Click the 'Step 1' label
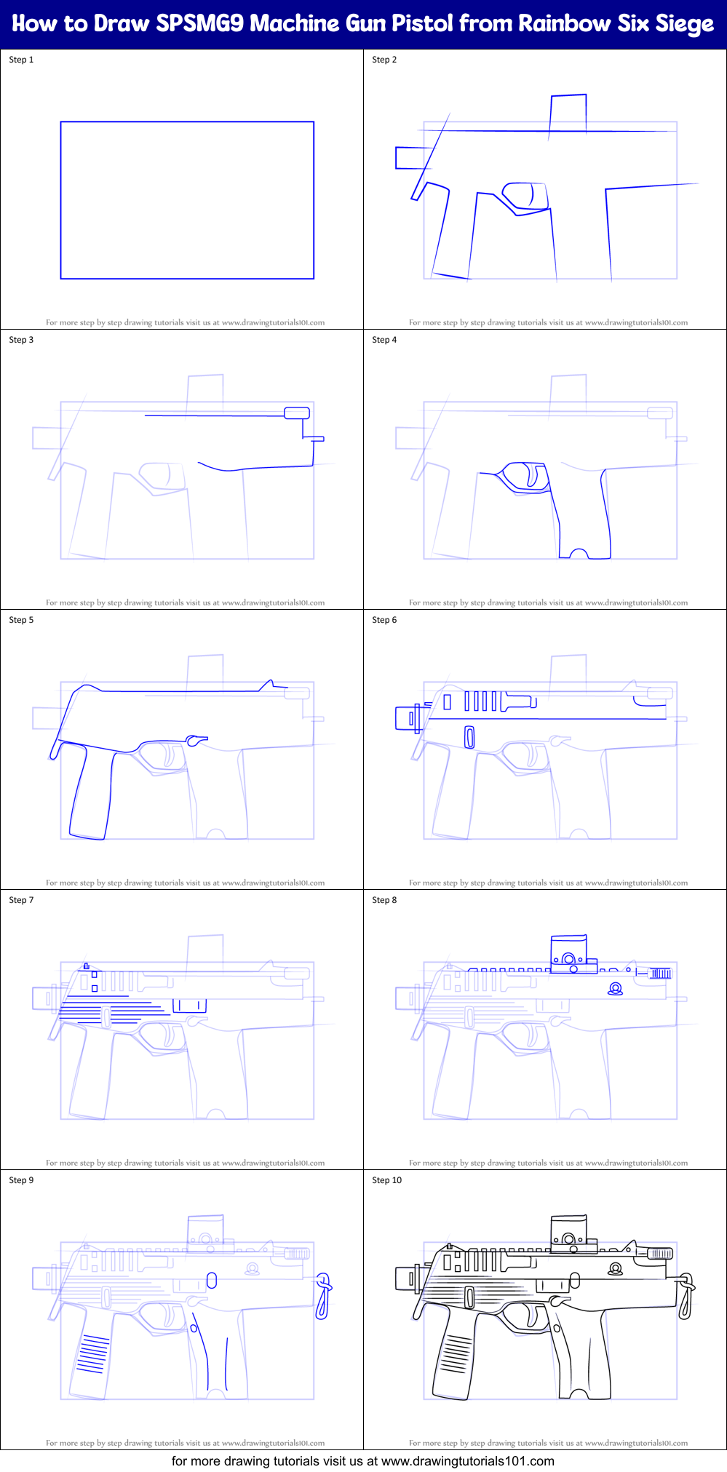coord(21,60)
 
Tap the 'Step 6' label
coord(384,620)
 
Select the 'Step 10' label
coord(386,1180)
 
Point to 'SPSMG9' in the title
coord(200,23)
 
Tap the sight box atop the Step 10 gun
coord(568,1234)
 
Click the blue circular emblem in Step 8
coord(616,989)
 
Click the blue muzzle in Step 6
coord(406,718)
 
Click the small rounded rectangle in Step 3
coord(296,413)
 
